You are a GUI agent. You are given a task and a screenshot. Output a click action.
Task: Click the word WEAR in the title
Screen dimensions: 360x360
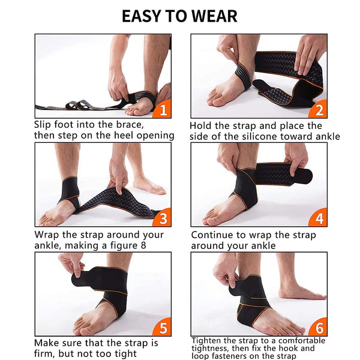pos(214,16)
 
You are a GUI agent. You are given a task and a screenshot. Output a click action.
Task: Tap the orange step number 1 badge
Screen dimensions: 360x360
pos(163,110)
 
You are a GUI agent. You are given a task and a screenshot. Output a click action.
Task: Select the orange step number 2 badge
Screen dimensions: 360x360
pos(319,110)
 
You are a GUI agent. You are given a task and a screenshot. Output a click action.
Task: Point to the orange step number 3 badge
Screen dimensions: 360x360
pos(163,218)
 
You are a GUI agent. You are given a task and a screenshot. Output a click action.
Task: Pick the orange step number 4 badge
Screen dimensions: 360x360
pos(319,218)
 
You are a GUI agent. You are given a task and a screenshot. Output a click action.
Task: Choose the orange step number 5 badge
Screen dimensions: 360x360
pos(163,328)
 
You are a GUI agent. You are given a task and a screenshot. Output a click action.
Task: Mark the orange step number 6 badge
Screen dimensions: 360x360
pos(319,328)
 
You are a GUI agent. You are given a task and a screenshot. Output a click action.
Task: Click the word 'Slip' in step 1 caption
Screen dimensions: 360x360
pos(42,125)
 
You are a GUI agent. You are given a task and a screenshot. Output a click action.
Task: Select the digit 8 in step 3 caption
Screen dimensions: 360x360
pos(143,245)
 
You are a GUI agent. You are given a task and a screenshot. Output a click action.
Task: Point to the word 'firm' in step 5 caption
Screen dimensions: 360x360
pos(43,353)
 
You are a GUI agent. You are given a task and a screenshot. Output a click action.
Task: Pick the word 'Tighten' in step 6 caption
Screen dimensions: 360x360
pos(206,340)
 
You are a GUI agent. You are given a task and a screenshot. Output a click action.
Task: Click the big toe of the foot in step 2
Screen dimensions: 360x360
pos(214,101)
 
